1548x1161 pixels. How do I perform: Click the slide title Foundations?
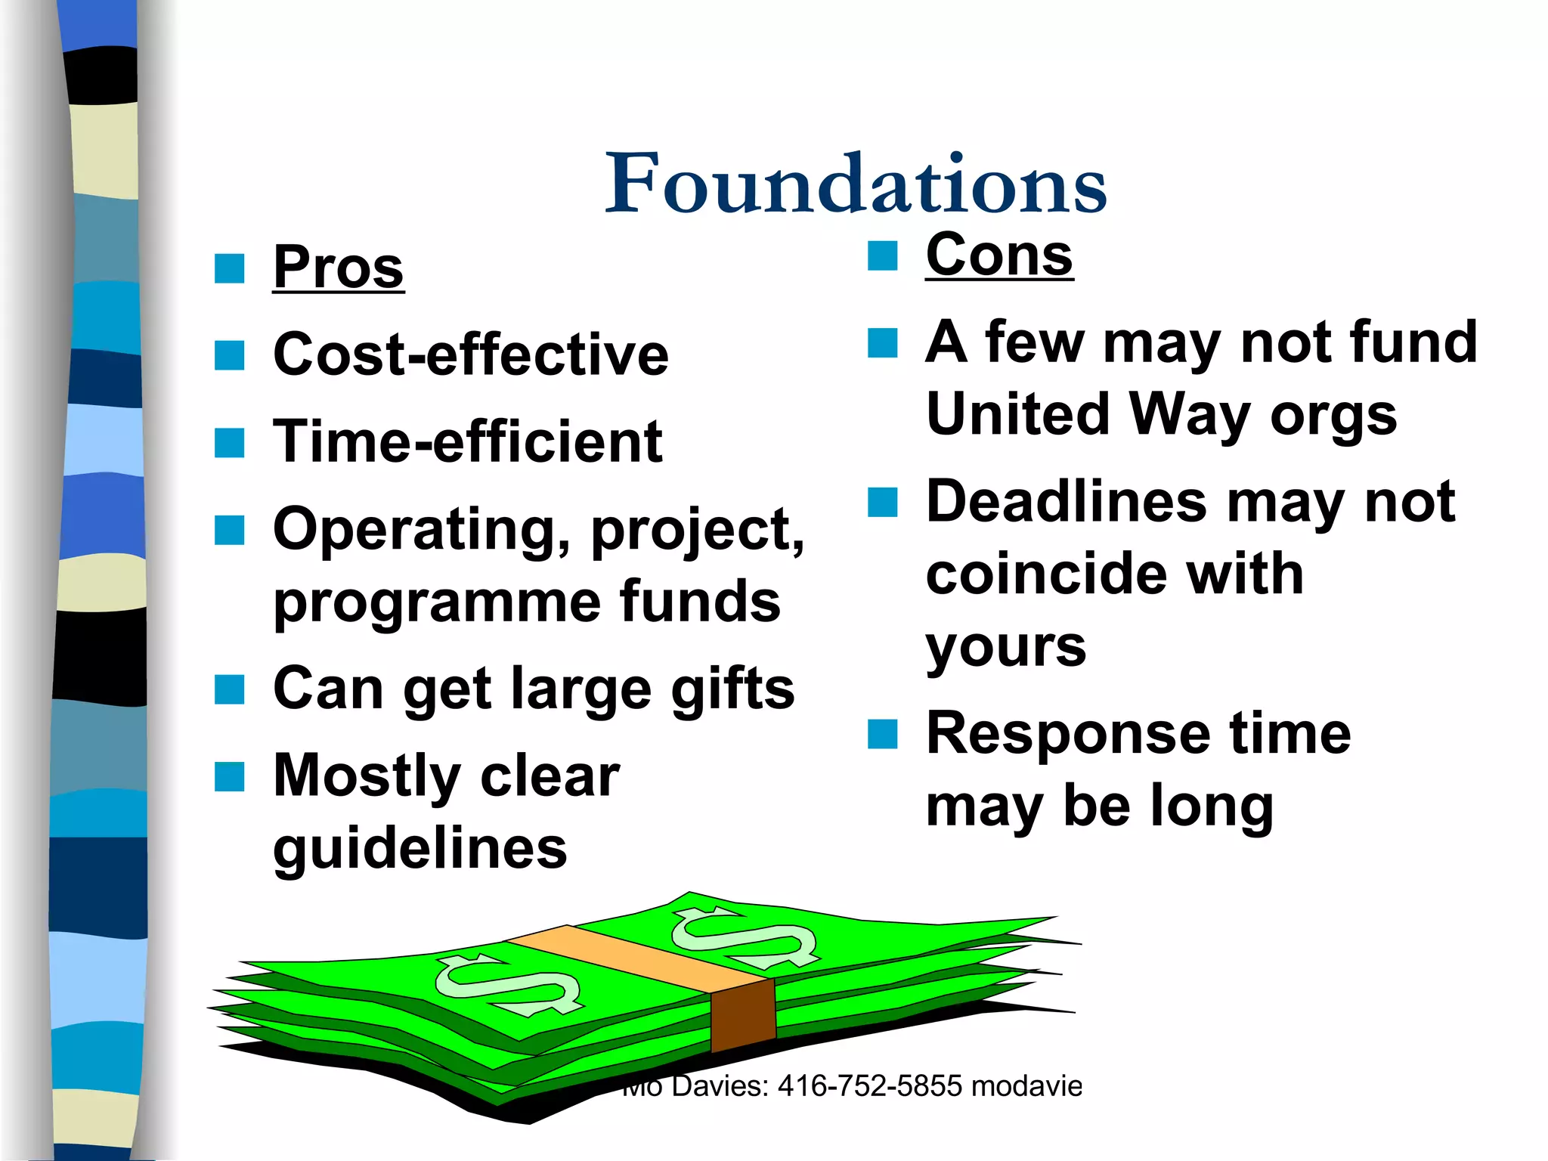point(856,184)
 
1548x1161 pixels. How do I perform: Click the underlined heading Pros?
point(338,268)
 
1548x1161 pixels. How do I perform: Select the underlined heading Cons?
point(999,255)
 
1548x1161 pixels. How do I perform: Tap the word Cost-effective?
point(471,354)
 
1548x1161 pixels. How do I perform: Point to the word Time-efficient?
point(467,442)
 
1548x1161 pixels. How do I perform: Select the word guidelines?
point(420,849)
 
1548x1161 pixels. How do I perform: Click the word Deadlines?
point(1067,502)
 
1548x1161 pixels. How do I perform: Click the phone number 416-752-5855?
point(869,1086)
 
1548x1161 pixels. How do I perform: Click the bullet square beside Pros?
point(230,268)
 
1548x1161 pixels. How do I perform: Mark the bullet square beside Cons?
point(882,255)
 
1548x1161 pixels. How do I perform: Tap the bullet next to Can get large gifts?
point(230,689)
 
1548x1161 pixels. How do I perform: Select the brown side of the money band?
point(743,1015)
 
